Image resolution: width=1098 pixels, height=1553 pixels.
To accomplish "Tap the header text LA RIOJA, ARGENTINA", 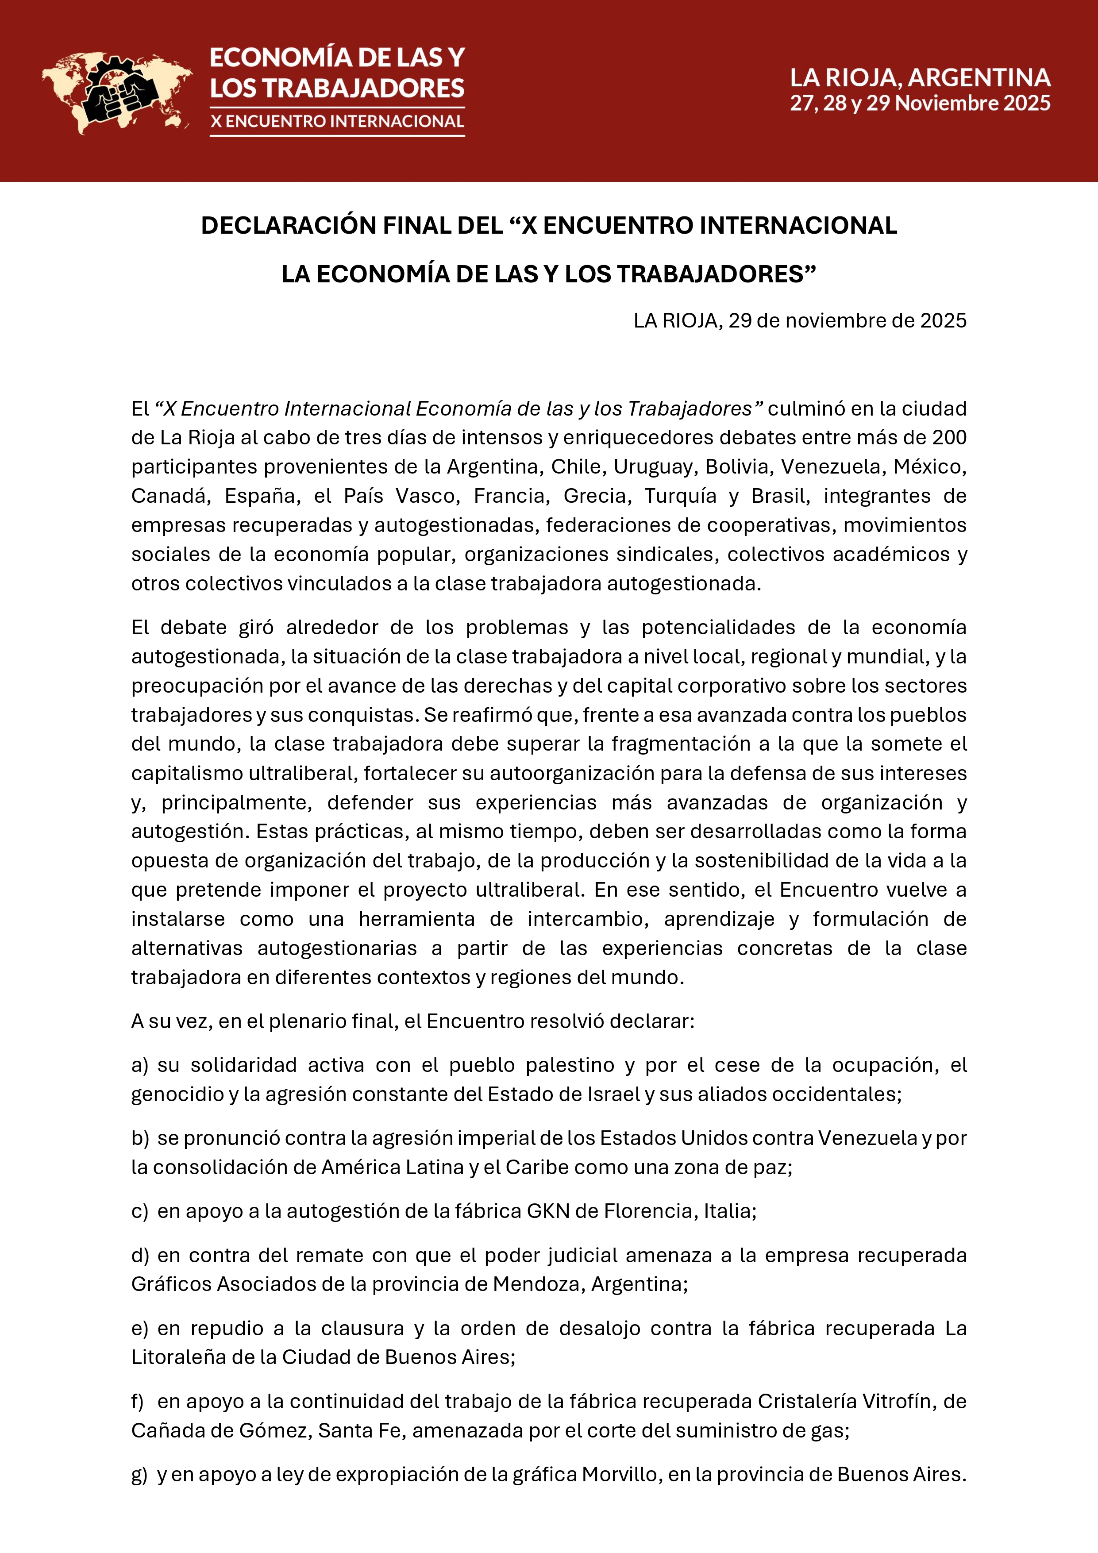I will (920, 78).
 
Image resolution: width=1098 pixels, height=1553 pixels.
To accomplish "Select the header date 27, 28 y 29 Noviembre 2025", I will (920, 104).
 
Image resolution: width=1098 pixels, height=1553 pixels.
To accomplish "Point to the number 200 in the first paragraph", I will (949, 438).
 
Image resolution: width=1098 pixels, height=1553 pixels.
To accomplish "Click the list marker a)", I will (140, 1065).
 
